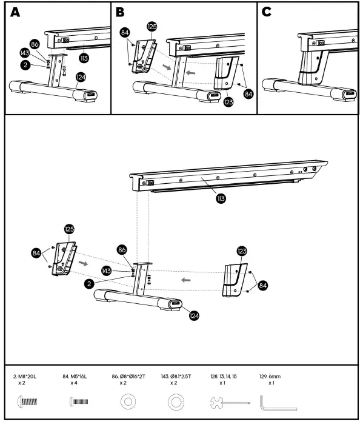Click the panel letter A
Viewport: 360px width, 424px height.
16,13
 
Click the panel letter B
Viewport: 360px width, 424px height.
120,13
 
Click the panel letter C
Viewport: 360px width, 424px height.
267,13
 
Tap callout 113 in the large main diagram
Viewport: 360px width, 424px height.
221,197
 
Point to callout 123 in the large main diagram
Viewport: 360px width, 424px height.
242,250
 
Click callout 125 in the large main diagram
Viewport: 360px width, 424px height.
68,229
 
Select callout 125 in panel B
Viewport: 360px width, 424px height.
152,27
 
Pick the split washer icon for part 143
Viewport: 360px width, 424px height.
175,402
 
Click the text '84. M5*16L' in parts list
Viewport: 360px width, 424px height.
75,377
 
